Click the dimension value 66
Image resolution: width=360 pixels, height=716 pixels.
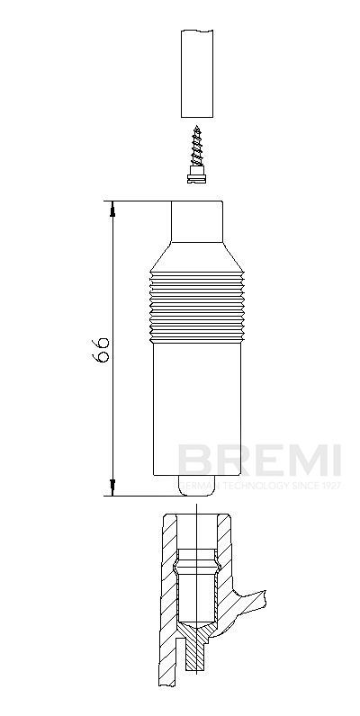coord(103,350)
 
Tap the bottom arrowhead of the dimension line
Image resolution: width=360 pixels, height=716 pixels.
coord(113,488)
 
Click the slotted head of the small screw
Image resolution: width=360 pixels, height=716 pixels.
coord(197,178)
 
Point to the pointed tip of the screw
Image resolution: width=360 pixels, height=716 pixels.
coord(197,128)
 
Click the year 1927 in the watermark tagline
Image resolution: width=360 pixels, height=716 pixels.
coord(330,486)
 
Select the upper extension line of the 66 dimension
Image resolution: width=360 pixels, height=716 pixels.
coord(139,201)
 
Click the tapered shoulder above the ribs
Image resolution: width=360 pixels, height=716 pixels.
coord(197,255)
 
